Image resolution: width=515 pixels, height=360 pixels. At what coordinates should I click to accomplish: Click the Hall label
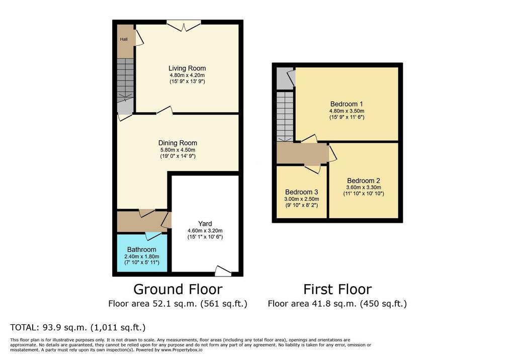[124, 39]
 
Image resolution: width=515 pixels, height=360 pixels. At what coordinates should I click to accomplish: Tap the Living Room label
[187, 68]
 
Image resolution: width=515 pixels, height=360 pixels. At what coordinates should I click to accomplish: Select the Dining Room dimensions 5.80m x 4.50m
[178, 150]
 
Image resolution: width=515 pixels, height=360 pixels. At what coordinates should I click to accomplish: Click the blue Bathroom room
[142, 252]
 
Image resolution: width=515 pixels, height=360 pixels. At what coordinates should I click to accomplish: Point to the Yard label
[205, 224]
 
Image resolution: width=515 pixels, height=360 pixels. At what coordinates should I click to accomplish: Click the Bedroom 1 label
[347, 105]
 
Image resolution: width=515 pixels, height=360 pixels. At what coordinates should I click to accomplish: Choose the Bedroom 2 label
[364, 181]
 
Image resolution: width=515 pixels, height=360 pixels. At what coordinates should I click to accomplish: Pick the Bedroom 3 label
[302, 192]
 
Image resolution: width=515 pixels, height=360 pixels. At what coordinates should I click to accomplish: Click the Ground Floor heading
[178, 290]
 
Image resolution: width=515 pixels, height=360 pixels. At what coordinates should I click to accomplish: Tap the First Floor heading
[337, 290]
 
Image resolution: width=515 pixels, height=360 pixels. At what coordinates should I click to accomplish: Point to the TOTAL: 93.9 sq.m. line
[78, 327]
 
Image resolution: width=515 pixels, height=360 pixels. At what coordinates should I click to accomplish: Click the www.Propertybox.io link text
[182, 350]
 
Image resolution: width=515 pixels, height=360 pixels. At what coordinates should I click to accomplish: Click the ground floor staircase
[125, 78]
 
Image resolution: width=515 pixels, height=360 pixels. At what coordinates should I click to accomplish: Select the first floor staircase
[285, 117]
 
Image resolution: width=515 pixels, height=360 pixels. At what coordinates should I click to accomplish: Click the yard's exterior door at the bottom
[223, 271]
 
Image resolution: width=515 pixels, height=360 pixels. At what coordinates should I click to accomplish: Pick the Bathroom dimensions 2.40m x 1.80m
[142, 256]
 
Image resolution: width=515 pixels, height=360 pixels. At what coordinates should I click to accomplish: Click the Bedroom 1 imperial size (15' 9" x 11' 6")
[347, 117]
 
